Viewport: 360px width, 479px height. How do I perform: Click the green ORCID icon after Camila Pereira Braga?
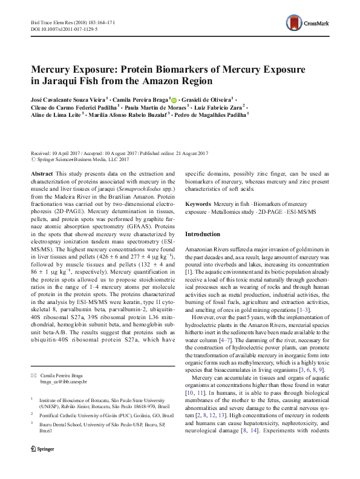click(x=174, y=99)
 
